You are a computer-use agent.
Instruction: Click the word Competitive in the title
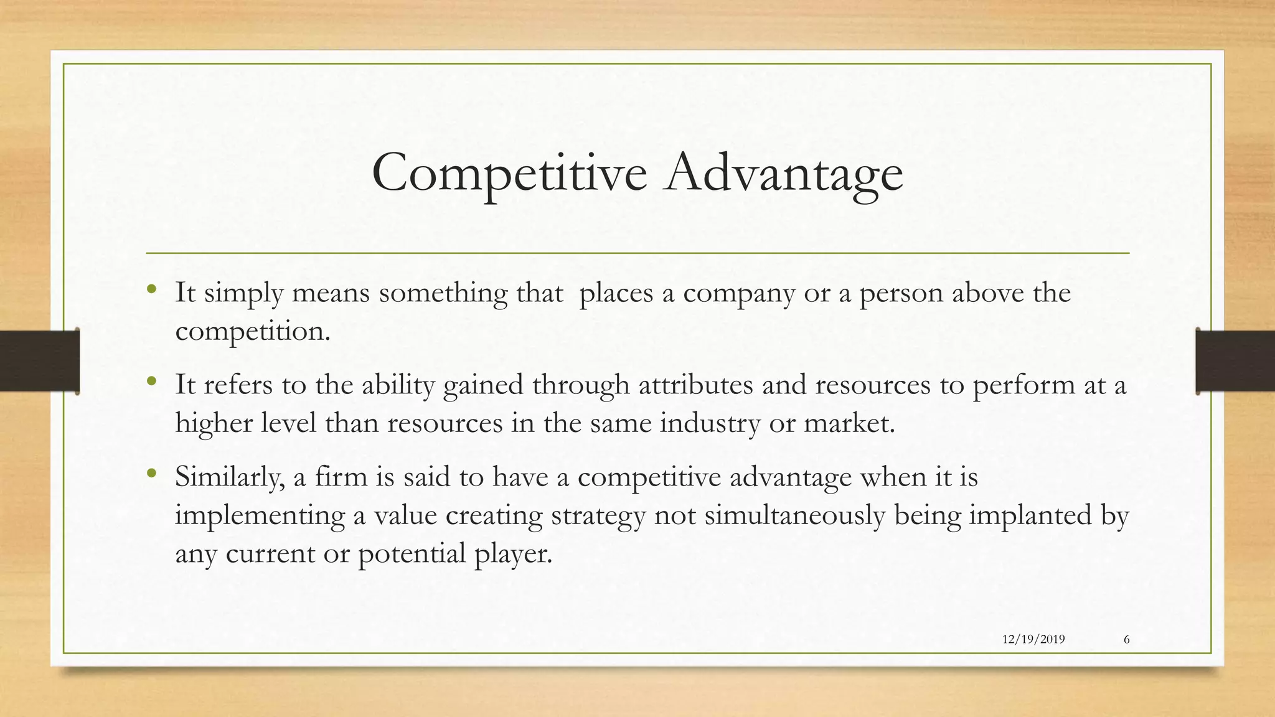[509, 172]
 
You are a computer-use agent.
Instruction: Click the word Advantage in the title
[783, 172]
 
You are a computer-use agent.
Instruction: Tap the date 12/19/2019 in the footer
[1033, 640]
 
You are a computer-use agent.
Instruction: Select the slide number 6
[1127, 640]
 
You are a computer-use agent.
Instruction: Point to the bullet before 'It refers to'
[151, 381]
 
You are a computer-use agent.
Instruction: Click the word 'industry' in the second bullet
[710, 424]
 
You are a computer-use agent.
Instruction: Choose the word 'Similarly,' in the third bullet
[230, 478]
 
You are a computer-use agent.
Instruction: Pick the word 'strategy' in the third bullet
[598, 516]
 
